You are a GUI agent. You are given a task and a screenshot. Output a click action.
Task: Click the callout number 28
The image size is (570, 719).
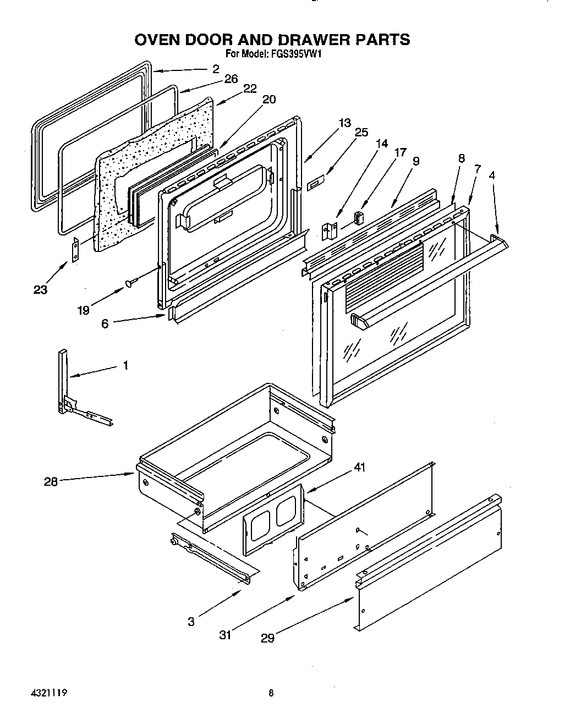point(51,482)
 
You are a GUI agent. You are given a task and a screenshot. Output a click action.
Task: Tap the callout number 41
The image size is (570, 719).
point(360,468)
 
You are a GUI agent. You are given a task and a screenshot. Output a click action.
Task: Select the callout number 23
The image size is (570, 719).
point(40,290)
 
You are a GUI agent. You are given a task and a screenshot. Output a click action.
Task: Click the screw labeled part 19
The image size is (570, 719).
point(130,283)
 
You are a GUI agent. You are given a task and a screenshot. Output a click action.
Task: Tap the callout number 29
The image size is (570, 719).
point(267,638)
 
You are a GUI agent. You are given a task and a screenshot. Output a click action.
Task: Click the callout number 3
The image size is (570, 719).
point(191,622)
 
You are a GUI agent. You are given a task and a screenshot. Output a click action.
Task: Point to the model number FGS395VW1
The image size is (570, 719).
point(300,54)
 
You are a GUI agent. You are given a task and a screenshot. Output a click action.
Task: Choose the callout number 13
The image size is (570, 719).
point(345,123)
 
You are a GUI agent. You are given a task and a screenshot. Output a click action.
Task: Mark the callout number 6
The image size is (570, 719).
point(105,324)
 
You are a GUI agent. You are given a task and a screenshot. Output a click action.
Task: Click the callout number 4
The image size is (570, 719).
point(492,175)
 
